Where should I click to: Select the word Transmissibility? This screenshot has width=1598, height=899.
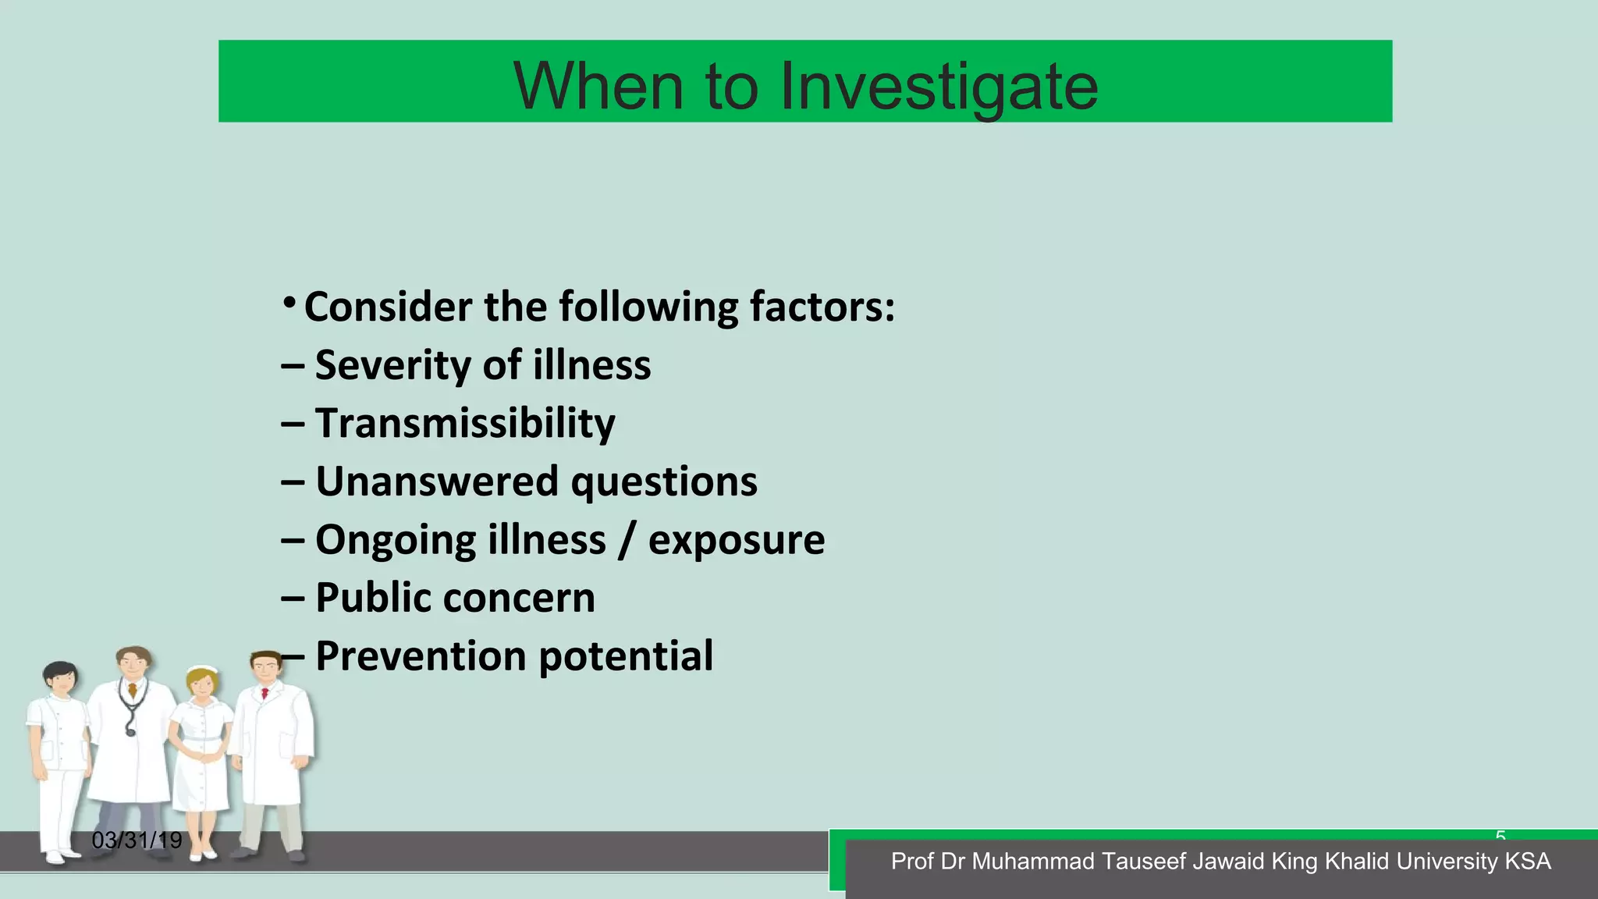465,424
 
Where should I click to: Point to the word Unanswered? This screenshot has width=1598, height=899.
437,481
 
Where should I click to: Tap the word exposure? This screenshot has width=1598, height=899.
736,540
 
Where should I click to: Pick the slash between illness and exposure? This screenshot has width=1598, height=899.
626,540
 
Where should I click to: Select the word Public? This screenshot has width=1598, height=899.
372,598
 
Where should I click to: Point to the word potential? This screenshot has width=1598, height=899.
626,657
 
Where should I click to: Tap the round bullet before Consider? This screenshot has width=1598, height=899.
289,302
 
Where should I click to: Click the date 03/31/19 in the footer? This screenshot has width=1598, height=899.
137,840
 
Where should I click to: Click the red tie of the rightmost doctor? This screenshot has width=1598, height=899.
265,692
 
